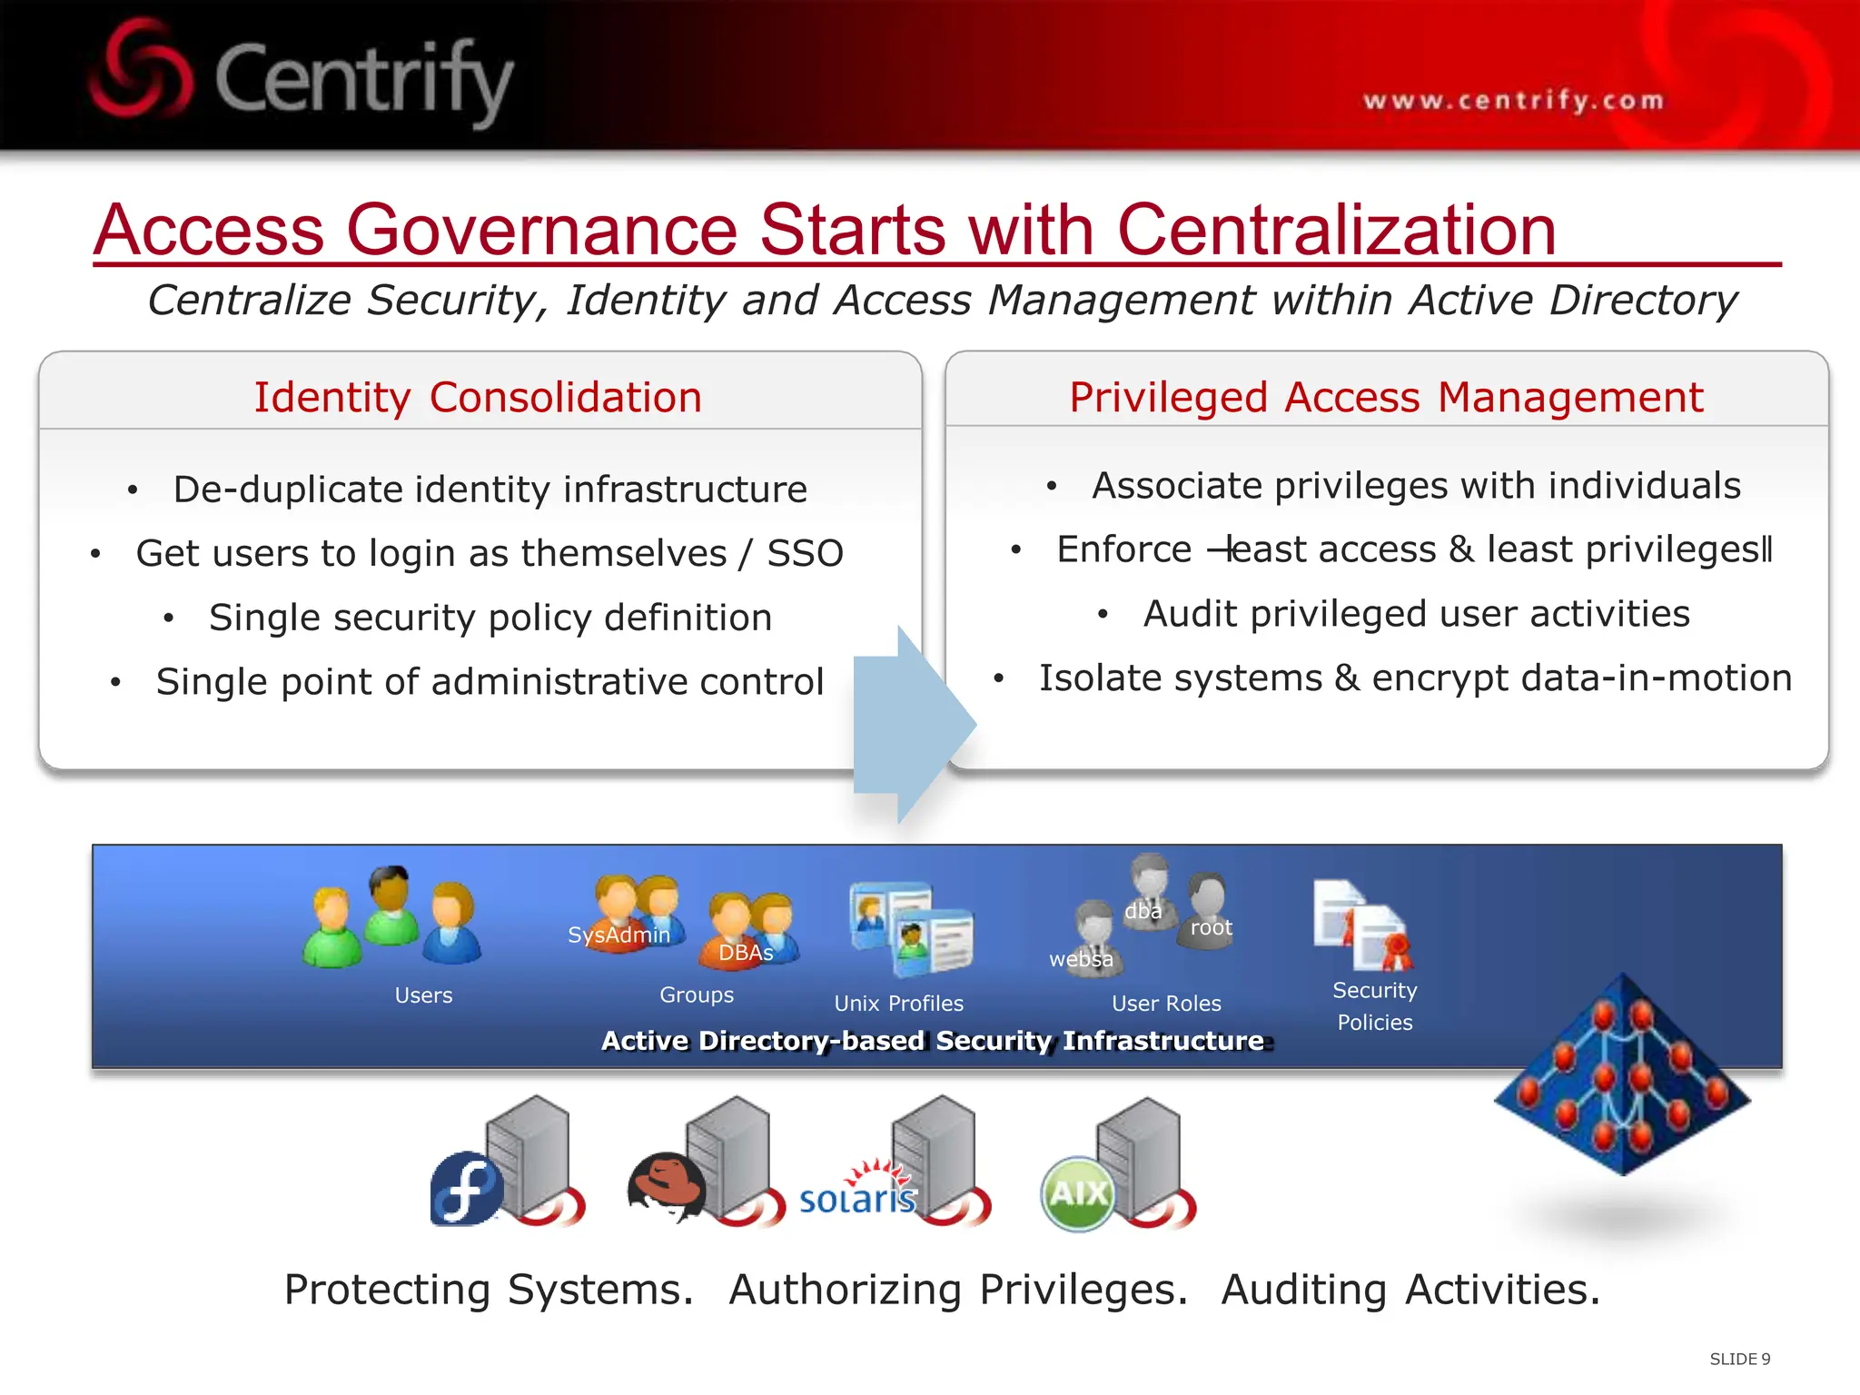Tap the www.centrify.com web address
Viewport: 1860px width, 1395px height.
point(1513,100)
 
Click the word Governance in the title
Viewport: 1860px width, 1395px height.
point(541,230)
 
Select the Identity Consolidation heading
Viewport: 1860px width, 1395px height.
point(478,398)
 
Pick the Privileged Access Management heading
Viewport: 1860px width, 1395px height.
point(1386,398)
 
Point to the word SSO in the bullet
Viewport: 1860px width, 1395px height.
point(806,553)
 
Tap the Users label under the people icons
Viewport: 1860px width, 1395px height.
point(423,995)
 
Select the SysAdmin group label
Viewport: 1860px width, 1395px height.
point(618,935)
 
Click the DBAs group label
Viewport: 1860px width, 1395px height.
point(746,953)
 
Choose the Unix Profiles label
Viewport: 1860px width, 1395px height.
point(898,1004)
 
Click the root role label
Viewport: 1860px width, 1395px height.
point(1211,927)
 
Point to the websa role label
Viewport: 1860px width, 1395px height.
point(1081,959)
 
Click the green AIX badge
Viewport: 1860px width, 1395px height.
point(1078,1193)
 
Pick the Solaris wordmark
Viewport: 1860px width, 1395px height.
point(857,1199)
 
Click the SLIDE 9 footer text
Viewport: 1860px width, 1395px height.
point(1739,1359)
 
